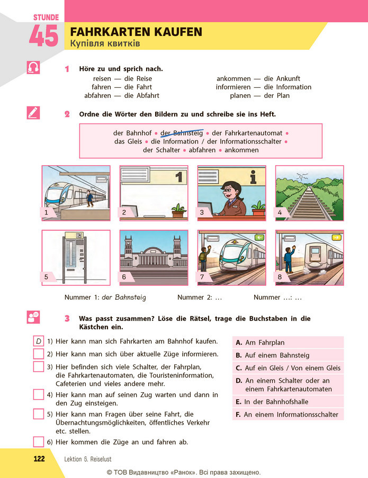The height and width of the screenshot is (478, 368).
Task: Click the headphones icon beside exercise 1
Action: click(33, 67)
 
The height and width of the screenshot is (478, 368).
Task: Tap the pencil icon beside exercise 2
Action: click(33, 113)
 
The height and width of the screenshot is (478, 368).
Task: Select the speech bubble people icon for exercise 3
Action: click(33, 317)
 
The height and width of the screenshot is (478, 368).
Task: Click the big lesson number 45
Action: click(43, 35)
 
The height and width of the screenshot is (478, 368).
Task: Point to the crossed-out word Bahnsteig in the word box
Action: click(188, 133)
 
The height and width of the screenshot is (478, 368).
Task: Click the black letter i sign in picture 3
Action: click(253, 177)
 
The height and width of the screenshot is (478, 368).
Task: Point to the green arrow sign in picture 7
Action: click(259, 238)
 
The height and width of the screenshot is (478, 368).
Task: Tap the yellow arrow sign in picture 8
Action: click(337, 238)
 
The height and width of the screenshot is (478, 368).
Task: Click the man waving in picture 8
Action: click(289, 259)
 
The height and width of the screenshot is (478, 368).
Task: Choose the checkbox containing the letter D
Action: click(39, 341)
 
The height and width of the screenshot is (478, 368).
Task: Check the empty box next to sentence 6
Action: click(39, 441)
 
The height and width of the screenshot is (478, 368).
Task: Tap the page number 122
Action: click(39, 459)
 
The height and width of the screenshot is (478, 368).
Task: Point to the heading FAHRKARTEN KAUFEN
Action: click(136, 32)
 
